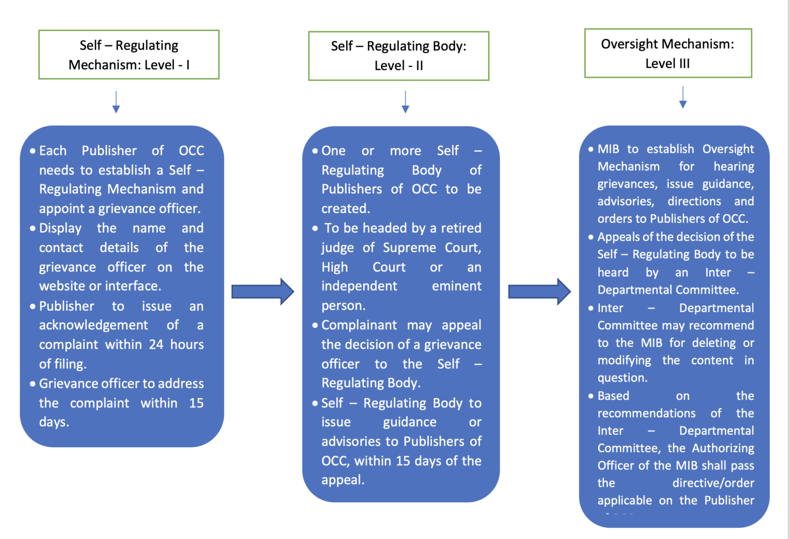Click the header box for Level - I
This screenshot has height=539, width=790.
(x=129, y=55)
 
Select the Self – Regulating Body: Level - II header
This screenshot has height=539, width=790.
(x=399, y=56)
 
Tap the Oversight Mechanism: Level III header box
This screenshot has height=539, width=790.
(x=668, y=53)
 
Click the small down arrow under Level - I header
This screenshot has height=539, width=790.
(x=116, y=102)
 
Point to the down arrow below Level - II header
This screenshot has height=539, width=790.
(x=405, y=102)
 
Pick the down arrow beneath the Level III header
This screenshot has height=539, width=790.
(x=683, y=97)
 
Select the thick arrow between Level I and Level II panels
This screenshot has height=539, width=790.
(x=262, y=292)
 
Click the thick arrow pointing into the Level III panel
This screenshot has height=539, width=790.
(x=539, y=292)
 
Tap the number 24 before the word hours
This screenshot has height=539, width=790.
(x=156, y=345)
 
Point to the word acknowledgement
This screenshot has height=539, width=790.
(x=93, y=325)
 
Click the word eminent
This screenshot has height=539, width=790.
(x=456, y=286)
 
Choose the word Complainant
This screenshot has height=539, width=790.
(x=359, y=325)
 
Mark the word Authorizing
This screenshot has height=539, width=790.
(x=723, y=448)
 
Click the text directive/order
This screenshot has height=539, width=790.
(x=713, y=483)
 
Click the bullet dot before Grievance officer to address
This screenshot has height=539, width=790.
(x=33, y=384)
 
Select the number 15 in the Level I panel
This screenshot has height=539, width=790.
(x=196, y=403)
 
